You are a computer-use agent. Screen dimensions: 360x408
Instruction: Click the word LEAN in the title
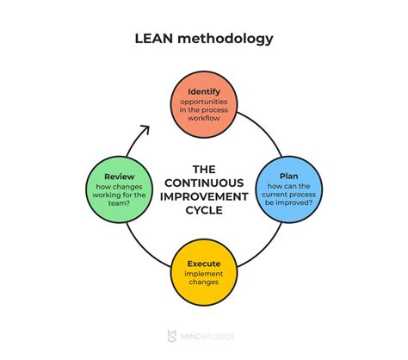click(155, 40)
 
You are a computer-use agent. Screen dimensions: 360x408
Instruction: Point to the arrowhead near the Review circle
click(144, 131)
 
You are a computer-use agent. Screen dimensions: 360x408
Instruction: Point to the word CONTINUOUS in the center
click(205, 183)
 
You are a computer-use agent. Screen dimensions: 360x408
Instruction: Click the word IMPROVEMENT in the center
click(205, 196)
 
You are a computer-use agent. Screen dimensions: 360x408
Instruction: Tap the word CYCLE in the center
click(205, 211)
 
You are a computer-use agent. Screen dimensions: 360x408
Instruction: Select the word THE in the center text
click(205, 169)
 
